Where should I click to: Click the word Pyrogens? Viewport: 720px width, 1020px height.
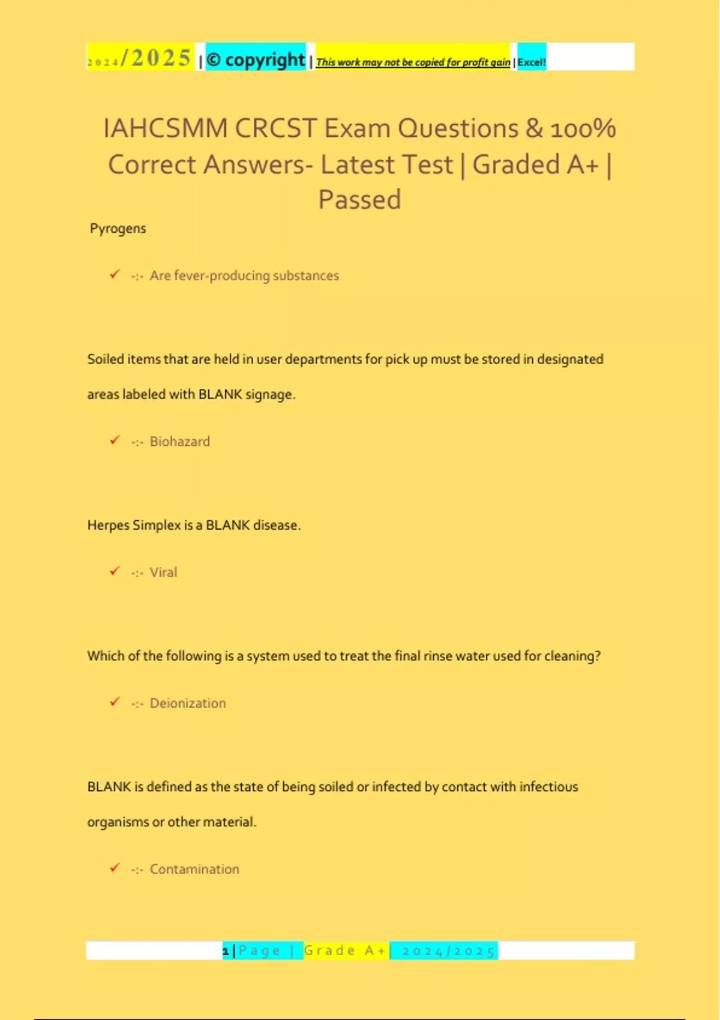(x=118, y=229)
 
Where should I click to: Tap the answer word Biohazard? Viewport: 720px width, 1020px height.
(x=179, y=442)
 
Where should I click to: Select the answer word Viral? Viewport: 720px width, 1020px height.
(x=163, y=572)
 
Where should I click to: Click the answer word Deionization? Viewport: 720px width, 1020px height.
(x=188, y=703)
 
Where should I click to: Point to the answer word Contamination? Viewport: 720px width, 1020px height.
(x=194, y=869)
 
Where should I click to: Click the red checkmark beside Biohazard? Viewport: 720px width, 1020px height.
(x=115, y=440)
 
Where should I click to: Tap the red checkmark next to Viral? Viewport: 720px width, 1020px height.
(x=115, y=571)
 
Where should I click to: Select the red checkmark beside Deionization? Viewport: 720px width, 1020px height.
(x=115, y=702)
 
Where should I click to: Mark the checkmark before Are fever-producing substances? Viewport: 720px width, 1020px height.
(x=115, y=274)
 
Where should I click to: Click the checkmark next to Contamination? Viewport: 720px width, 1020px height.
(x=115, y=868)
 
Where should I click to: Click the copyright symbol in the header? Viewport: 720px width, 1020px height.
(x=214, y=60)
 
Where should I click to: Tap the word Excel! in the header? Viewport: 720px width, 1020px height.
(x=532, y=62)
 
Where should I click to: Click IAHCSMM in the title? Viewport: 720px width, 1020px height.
(x=166, y=128)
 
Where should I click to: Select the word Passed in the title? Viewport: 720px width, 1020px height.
(x=359, y=200)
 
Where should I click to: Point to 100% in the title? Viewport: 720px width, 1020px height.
(x=583, y=128)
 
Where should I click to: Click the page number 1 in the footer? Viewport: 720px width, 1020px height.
(x=226, y=951)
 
